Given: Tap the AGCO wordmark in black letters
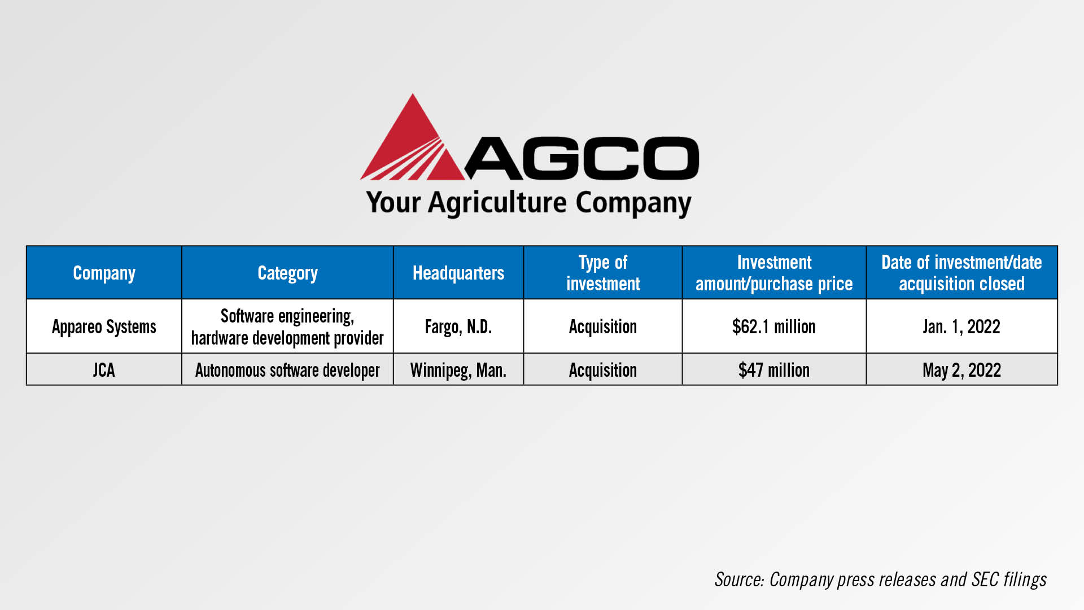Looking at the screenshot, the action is point(582,158).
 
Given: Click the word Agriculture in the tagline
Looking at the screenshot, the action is point(497,203).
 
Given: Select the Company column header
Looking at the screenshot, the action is point(104,273).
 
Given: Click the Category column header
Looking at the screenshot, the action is point(287,273).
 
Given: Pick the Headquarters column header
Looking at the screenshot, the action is point(458,273).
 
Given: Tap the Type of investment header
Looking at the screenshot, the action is point(603,273).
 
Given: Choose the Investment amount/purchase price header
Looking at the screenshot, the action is point(774,273).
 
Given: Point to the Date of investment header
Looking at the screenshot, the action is point(961,273).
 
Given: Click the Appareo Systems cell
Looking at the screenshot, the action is point(104,327).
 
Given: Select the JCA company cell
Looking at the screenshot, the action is point(104,370).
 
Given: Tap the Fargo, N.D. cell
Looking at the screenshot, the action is point(458,327).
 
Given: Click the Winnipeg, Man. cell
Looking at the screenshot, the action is point(458,371).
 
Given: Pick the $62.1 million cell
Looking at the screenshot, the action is point(774,326).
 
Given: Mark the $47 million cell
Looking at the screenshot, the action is point(774,370).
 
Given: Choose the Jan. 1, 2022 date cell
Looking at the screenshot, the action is point(961,326).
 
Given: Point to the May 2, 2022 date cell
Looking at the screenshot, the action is point(961,371).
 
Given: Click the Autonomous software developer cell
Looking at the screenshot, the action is point(287,371).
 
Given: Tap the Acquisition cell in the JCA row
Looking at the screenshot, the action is point(603,371).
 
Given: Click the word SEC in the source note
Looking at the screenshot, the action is point(985,579).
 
